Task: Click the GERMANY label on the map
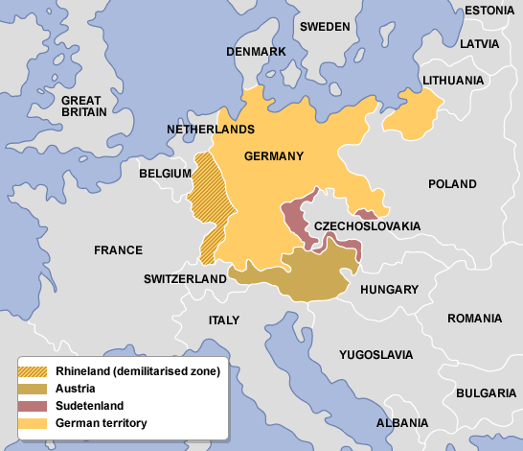[274, 156]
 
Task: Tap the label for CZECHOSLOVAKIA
[367, 225]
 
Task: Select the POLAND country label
[451, 183]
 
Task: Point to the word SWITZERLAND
[185, 279]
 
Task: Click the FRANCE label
[118, 249]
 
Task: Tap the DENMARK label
[256, 51]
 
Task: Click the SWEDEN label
[325, 26]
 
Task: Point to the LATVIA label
[479, 44]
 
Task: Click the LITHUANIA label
[452, 81]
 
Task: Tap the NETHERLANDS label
[210, 129]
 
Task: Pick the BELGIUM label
[166, 175]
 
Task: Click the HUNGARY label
[389, 289]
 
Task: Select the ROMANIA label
[473, 318]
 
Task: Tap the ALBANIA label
[402, 422]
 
